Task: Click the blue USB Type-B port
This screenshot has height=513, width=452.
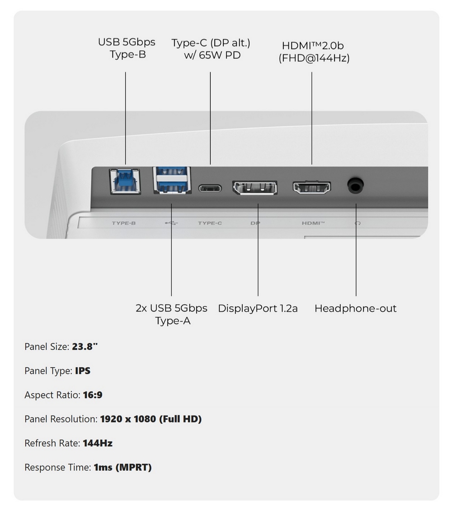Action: pos(125,181)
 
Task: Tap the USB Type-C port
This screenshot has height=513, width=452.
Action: pos(210,188)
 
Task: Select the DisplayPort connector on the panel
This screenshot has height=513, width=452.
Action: pos(254,188)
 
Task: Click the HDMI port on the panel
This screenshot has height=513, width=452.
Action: pos(311,188)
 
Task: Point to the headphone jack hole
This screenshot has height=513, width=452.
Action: pos(355,186)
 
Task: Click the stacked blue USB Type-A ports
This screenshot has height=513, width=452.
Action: pos(172,180)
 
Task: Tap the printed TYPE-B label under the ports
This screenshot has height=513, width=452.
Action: pos(124,223)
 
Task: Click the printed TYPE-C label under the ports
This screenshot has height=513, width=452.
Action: pos(210,223)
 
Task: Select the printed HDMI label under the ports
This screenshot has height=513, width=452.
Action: pos(313,223)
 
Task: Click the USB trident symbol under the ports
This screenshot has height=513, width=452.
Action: pos(171,223)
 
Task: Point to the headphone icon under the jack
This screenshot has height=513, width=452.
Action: pos(358,223)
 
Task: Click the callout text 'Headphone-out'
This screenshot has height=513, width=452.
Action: pos(355,309)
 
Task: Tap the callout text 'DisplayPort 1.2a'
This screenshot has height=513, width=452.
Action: pos(258,309)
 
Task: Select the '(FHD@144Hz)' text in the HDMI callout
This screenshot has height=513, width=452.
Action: pos(314,58)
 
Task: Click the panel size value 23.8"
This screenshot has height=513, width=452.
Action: pos(85,347)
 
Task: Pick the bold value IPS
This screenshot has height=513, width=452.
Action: pos(82,371)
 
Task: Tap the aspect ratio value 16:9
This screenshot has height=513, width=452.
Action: pos(93,395)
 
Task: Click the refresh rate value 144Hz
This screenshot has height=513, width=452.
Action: pos(98,443)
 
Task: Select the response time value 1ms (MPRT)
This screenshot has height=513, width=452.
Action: pos(123,467)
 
